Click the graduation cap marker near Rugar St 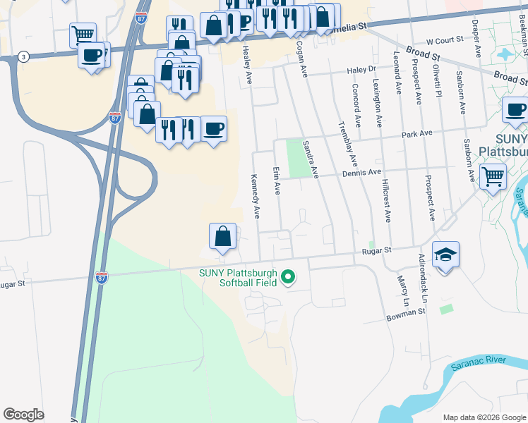click(x=445, y=255)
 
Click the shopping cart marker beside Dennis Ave click(x=493, y=176)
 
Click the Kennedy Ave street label click(x=256, y=197)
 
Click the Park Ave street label click(x=416, y=133)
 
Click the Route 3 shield click(x=24, y=56)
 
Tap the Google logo click(x=23, y=415)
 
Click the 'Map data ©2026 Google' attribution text click(x=484, y=417)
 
